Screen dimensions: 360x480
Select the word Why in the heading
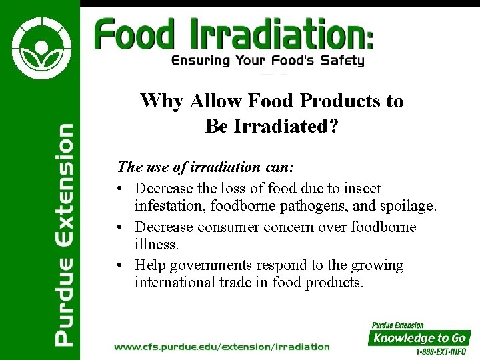point(162,101)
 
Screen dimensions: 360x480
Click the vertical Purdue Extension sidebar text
point(64,235)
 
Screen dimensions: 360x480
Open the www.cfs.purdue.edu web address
point(221,347)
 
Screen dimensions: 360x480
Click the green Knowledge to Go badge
point(420,338)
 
